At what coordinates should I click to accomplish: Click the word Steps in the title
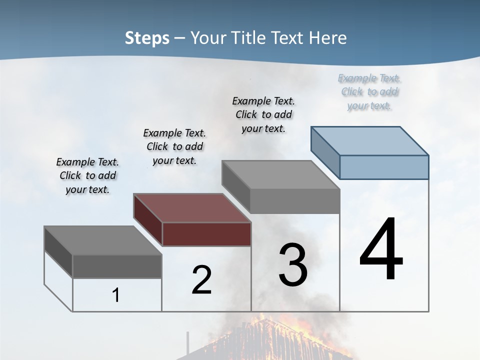point(147,38)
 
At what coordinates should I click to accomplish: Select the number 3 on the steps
point(293,265)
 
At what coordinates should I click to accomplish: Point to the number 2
point(201,280)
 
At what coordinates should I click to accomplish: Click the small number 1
point(116,295)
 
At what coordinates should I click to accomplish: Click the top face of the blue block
point(370,141)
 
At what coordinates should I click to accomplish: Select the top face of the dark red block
point(192,208)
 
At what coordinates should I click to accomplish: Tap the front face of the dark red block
point(206,234)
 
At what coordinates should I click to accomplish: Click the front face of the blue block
point(384,167)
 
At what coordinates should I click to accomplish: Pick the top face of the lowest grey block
point(103,240)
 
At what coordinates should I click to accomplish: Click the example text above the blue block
point(369,92)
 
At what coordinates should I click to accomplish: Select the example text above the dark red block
point(174,146)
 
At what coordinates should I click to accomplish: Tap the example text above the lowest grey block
point(87,175)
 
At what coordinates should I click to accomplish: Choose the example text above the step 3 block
point(263,114)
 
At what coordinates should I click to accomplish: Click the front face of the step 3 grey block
point(295,201)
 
